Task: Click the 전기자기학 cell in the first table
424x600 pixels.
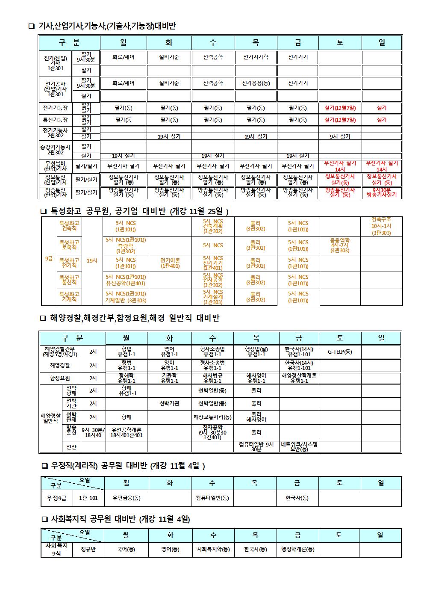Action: [x=256, y=57]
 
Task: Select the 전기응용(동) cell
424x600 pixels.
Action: [x=256, y=83]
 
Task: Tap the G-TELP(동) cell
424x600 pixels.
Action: [x=340, y=352]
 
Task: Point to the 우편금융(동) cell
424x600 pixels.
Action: [x=127, y=498]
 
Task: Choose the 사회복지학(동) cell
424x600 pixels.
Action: [x=213, y=550]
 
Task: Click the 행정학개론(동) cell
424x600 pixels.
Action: [x=298, y=550]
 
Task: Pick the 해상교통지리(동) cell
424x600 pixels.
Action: [x=213, y=417]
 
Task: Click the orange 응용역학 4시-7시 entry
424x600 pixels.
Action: [x=340, y=245]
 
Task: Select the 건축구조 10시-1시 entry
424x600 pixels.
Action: [x=381, y=226]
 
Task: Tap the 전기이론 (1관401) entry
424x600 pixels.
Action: [x=170, y=263]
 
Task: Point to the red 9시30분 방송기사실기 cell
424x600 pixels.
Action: [x=381, y=192]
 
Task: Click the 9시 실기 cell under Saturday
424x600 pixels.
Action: [x=340, y=137]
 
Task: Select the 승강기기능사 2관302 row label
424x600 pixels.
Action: [x=56, y=150]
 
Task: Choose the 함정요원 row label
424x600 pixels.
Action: [x=60, y=378]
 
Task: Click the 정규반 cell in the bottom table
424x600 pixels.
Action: [x=88, y=550]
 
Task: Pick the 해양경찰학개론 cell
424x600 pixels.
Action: [x=299, y=378]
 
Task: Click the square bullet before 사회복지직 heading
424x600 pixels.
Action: [x=44, y=520]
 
